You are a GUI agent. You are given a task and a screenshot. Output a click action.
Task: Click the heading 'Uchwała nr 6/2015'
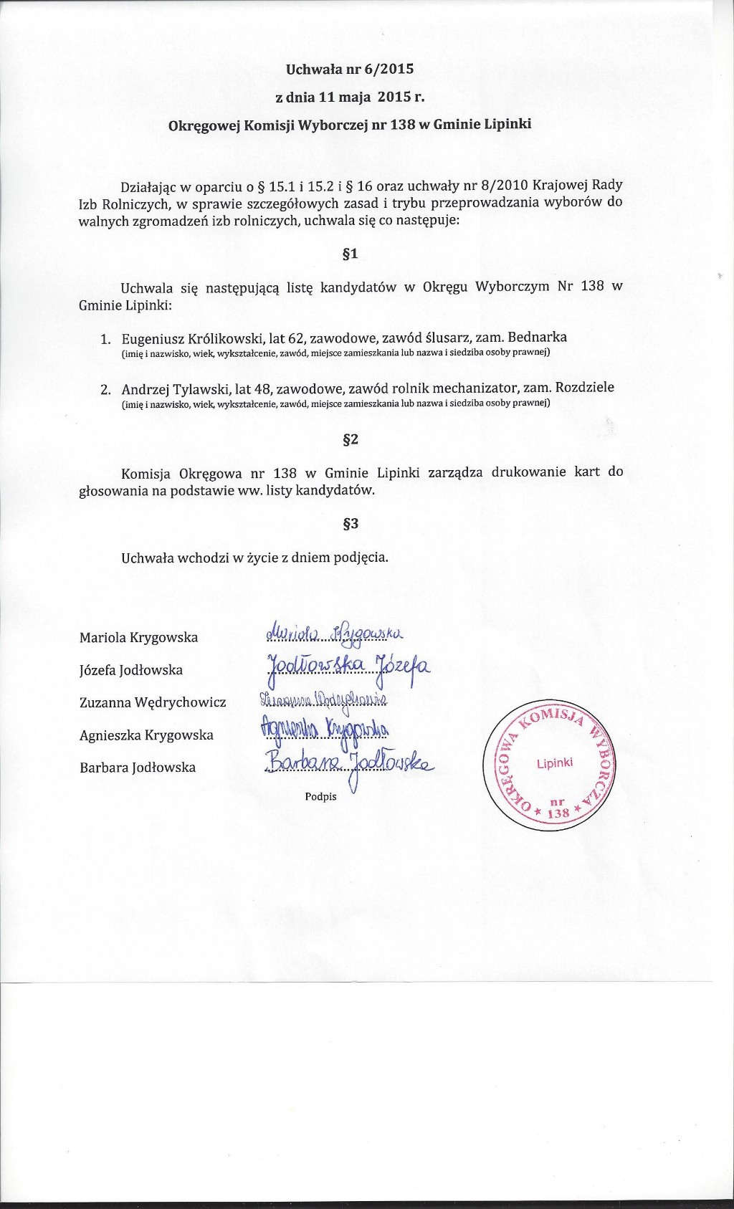pyautogui.click(x=350, y=70)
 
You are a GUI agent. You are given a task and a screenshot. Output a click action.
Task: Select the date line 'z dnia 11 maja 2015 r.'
pyautogui.click(x=350, y=97)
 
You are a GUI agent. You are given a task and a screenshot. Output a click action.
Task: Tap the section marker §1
pyautogui.click(x=350, y=254)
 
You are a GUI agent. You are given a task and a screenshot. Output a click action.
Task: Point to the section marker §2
pyautogui.click(x=350, y=439)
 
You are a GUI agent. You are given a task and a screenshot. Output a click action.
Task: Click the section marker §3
pyautogui.click(x=350, y=524)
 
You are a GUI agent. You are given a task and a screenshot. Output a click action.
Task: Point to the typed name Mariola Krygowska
pyautogui.click(x=138, y=638)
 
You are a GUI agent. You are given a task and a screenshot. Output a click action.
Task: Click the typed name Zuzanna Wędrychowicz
pyautogui.click(x=153, y=703)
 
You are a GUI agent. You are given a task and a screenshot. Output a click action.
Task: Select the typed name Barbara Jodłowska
pyautogui.click(x=138, y=768)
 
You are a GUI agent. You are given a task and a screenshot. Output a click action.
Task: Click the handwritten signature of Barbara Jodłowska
pyautogui.click(x=348, y=765)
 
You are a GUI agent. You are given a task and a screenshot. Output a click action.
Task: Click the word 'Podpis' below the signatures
pyautogui.click(x=320, y=796)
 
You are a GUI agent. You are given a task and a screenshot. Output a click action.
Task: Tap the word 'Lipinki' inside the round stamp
pyautogui.click(x=554, y=763)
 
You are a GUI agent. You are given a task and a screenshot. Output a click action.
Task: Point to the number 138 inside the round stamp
pyautogui.click(x=557, y=813)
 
